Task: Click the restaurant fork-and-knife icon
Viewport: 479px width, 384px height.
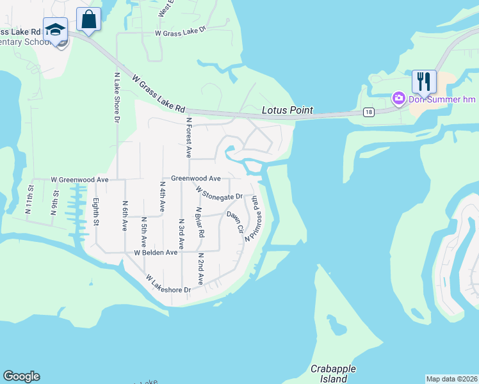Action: [424, 81]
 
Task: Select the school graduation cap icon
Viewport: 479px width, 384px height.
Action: [56, 30]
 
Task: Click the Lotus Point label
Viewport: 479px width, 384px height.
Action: [288, 110]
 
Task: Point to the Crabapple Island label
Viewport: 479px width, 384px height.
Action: [332, 374]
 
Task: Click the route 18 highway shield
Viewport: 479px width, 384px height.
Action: [368, 112]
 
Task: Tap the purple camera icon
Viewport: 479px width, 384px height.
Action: [398, 98]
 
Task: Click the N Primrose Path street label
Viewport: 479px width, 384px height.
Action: [254, 218]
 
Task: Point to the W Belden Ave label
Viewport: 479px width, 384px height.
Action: [155, 252]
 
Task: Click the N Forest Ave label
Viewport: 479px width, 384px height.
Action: [189, 137]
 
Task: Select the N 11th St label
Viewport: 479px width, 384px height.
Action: [29, 198]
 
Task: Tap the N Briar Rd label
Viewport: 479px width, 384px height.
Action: [199, 222]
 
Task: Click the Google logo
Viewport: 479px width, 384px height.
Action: [21, 376]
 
